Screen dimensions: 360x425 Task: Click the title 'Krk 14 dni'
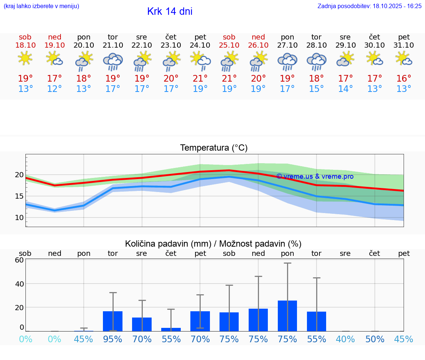coord(170,11)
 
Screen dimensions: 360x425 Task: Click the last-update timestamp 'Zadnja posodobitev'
coord(369,6)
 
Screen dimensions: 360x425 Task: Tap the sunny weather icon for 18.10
coord(25,58)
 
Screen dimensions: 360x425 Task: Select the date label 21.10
coord(113,45)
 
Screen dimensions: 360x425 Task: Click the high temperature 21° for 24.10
coord(200,78)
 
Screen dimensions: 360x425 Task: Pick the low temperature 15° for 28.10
coord(316,89)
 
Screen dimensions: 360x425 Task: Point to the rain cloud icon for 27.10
coord(287,61)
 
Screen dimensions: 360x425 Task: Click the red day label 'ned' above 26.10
coord(258,37)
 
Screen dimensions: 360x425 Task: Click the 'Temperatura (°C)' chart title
coord(214,148)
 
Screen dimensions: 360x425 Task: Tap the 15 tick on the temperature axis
coord(19,196)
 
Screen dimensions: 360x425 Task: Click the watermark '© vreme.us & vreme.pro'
coord(315,176)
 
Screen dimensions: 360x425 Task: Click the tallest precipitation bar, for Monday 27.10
coord(287,316)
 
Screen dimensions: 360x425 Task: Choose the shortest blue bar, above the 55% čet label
coord(171,329)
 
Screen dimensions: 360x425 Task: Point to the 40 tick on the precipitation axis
coord(19,284)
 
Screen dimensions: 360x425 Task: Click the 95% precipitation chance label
coord(113,339)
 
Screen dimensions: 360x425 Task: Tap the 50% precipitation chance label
coord(375,339)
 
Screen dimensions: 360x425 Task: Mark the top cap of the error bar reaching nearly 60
coord(287,263)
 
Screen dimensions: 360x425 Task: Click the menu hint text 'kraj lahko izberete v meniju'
coord(41,6)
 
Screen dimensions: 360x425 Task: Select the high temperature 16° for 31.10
coord(404,78)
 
